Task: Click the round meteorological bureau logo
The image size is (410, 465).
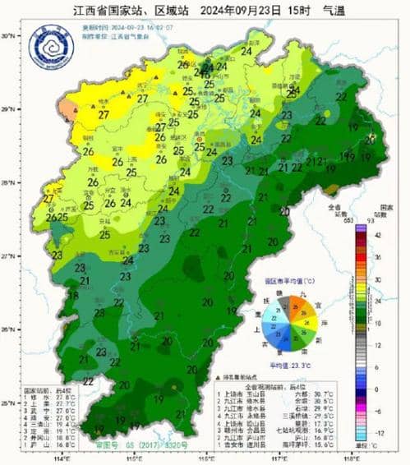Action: [x=51, y=46]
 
